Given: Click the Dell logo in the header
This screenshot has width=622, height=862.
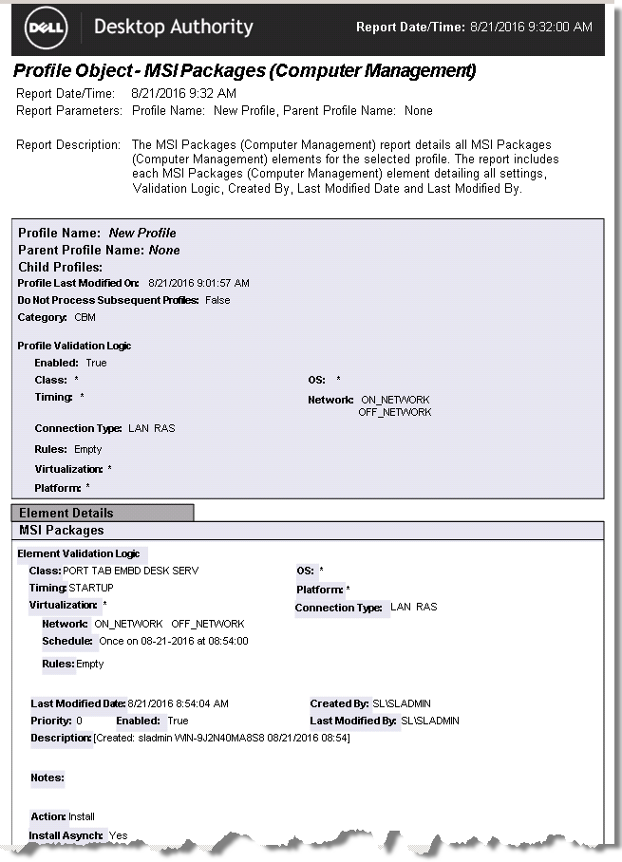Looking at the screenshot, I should pos(46,28).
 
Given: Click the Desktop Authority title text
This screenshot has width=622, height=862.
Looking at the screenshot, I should pos(174,27).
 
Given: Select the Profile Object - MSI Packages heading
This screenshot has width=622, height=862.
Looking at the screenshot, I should pos(245,71).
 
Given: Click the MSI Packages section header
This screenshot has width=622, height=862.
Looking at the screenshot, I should pos(62,530).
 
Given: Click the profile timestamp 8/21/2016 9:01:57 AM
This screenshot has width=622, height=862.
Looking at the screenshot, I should pos(199,283).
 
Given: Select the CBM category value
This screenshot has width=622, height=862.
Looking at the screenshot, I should pos(85,317).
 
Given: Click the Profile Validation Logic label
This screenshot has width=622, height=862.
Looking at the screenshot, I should pos(74,346).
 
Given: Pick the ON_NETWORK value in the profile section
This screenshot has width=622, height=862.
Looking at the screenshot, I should pos(396,400).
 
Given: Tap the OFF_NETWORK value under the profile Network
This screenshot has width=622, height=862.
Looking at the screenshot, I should pos(395,412).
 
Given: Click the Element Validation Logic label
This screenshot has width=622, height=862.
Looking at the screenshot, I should pos(79,553).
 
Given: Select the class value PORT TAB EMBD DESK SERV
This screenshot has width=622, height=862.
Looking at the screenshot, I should pos(131,571).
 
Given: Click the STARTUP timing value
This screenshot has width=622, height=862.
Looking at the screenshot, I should pos(91,588).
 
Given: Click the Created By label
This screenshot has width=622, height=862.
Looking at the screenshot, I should pos(339,703).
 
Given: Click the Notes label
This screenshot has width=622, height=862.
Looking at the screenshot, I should pos(47,778).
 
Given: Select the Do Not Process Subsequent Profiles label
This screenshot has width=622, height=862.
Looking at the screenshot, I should pos(108,300).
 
